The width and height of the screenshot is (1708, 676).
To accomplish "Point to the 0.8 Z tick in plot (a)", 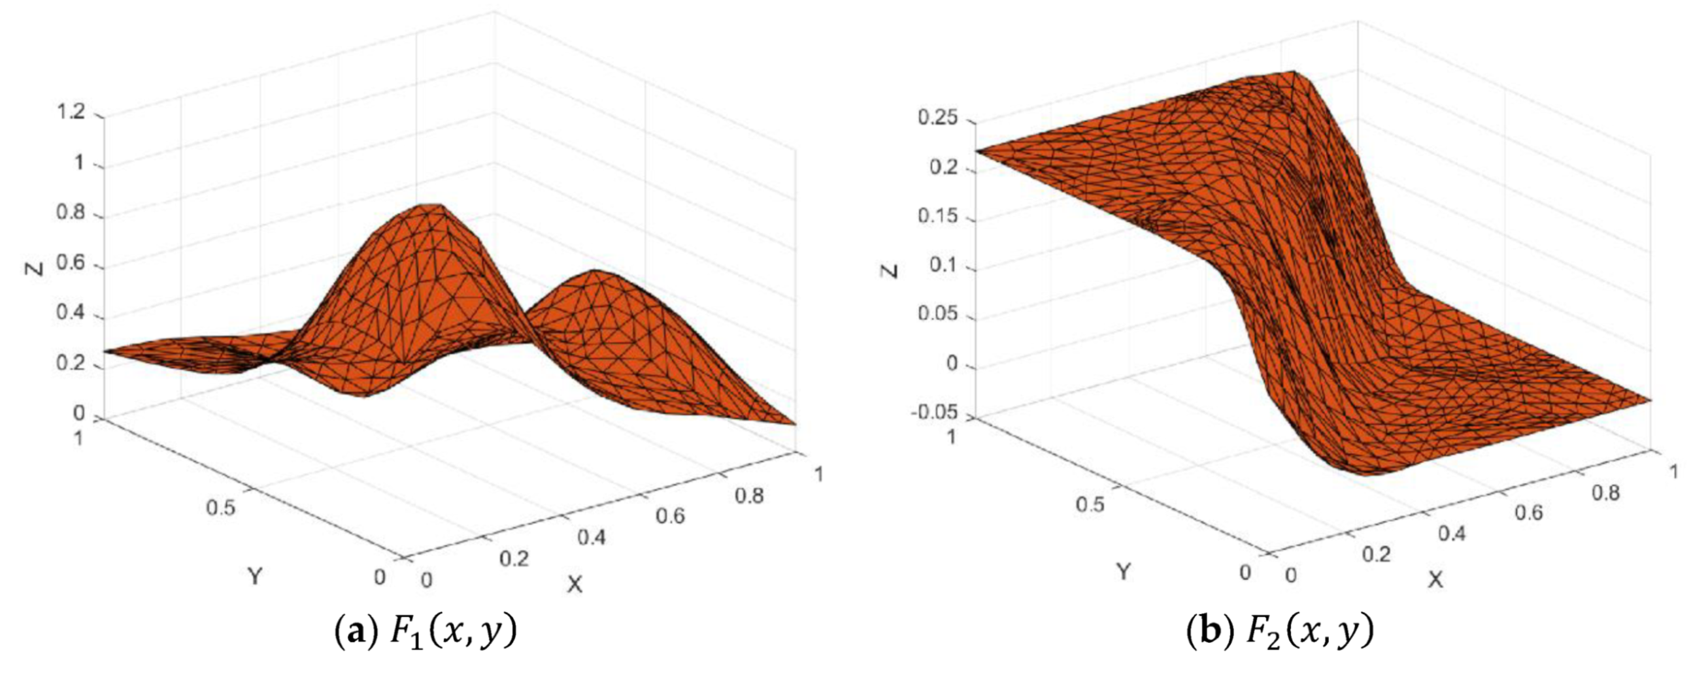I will [71, 216].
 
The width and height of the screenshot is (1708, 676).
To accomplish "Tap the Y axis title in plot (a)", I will [255, 576].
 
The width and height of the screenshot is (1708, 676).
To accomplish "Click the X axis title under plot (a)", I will [574, 584].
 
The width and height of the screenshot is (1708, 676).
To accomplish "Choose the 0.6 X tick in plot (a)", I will [670, 515].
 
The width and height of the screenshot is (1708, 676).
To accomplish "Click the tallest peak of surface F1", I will [431, 207].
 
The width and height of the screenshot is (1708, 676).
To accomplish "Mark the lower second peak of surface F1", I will [595, 272].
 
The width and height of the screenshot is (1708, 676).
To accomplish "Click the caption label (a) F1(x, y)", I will [424, 633].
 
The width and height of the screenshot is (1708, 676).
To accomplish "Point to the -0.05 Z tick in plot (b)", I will [933, 412].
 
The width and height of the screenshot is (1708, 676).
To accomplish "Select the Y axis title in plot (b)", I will [1122, 571].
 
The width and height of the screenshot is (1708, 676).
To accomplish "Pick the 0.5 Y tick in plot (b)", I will [1090, 505].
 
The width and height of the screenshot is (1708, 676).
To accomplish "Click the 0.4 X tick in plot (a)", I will [591, 538].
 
